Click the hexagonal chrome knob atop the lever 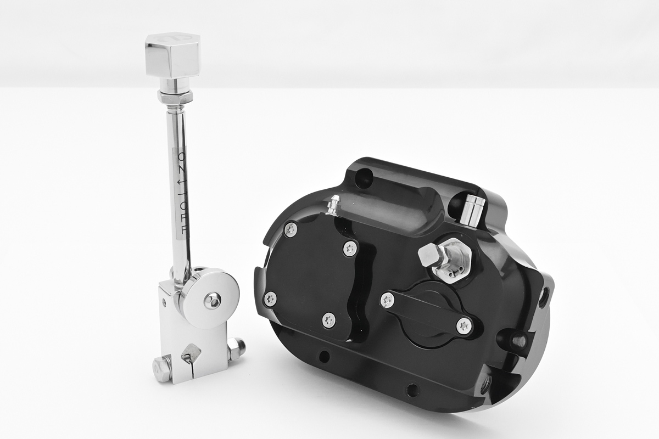click(172, 55)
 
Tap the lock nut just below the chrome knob click(175, 95)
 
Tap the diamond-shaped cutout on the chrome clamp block click(191, 352)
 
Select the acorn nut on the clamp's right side click(237, 348)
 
